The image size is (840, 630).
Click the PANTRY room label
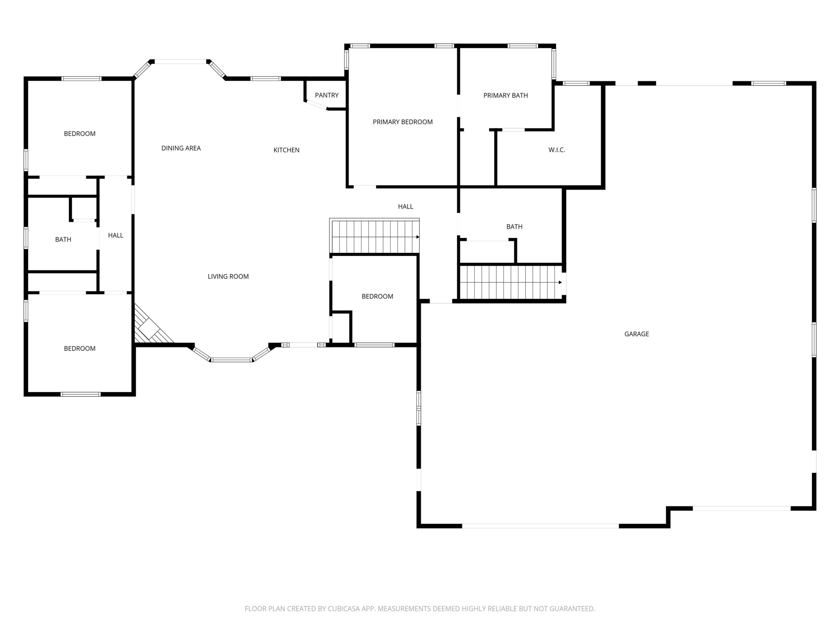pos(326,95)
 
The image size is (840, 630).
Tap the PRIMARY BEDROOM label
pos(403,122)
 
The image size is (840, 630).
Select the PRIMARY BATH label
pos(505,95)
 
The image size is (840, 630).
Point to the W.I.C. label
pos(557,150)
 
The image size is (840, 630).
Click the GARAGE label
pos(637,334)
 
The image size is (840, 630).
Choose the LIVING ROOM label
pos(228,277)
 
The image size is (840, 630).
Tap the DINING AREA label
pos(181,148)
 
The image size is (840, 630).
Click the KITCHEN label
pos(286,150)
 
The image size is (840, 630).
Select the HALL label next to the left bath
pos(115,236)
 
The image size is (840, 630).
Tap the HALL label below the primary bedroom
pos(406,207)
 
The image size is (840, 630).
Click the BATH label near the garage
pos(514,227)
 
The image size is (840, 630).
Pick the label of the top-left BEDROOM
pos(80,134)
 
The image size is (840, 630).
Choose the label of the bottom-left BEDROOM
pos(80,348)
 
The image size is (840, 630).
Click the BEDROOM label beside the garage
pos(377,297)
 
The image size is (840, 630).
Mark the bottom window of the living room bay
pos(232,360)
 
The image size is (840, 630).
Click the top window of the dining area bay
pos(180,61)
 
